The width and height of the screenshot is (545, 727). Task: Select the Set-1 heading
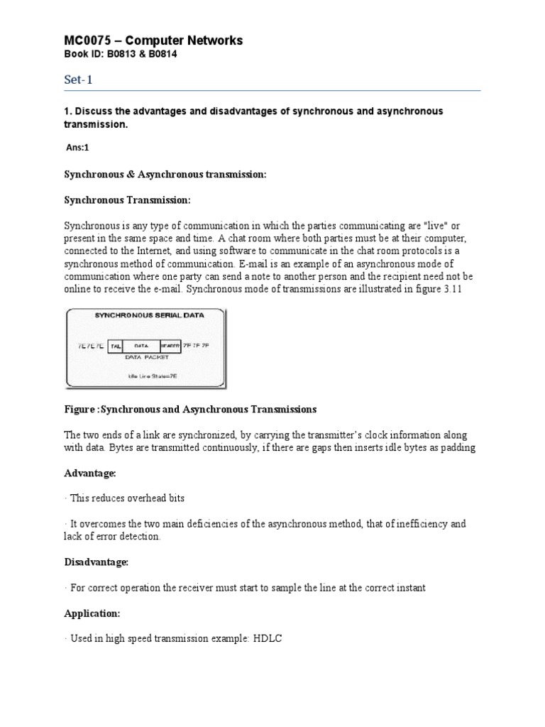coord(78,81)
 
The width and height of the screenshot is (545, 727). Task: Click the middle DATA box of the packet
coord(141,346)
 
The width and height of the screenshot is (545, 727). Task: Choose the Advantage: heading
coord(90,473)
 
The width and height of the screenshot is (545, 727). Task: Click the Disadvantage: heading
coord(97,562)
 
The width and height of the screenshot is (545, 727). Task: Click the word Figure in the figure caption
coord(80,410)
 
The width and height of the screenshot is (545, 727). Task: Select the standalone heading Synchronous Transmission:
coord(128,199)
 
